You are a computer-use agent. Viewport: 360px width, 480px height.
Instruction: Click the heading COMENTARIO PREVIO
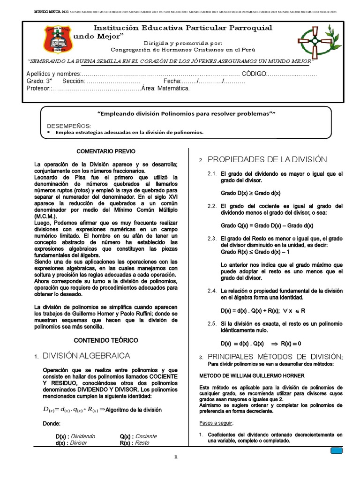105,152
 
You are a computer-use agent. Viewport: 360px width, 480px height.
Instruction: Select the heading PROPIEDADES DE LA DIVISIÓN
267,160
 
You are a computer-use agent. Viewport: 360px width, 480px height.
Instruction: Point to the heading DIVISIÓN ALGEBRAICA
86,356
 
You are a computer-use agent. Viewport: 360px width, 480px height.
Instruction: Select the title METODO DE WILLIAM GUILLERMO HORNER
252,375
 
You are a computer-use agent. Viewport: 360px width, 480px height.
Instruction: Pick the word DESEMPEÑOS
68,126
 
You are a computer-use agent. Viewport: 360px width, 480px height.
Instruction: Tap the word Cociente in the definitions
145,436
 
